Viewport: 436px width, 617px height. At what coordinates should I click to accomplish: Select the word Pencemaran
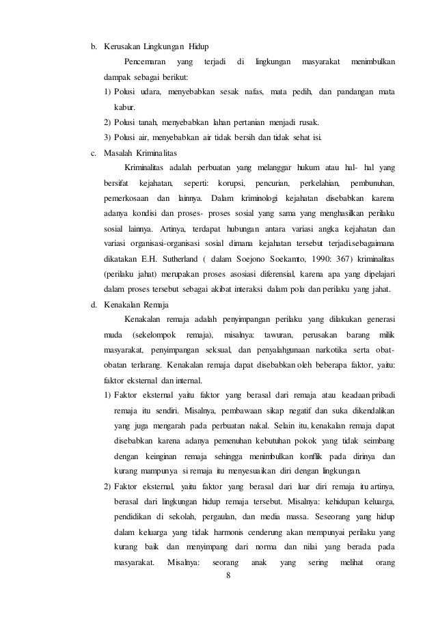pos(146,64)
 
